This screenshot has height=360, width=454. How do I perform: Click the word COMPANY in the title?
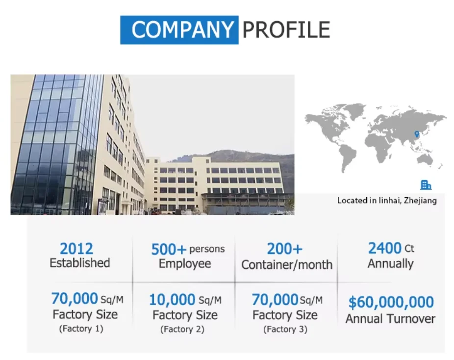coord(179,30)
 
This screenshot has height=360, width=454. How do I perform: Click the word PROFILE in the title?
coord(286,30)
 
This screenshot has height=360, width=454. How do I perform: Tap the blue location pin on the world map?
coord(417,134)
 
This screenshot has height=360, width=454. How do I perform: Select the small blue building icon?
coord(426,185)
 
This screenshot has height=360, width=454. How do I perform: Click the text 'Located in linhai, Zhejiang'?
coord(386,200)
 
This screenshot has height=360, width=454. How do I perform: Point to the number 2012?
coord(76,248)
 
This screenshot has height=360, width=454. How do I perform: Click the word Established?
coord(79,263)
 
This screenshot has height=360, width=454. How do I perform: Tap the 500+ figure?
coord(169,249)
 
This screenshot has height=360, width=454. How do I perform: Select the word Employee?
coord(185,264)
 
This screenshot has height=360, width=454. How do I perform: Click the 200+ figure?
coord(284,249)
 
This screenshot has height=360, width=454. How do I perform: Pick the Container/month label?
coord(287,265)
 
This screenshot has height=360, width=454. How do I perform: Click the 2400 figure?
coord(385,248)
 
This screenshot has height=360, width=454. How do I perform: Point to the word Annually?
coord(390,264)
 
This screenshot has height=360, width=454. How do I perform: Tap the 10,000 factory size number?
coord(172,300)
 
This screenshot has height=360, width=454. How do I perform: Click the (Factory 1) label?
coord(81,329)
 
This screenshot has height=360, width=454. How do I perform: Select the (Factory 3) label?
coord(285,329)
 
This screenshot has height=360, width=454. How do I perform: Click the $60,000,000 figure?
coord(391,302)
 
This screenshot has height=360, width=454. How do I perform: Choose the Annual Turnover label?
coord(390,319)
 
